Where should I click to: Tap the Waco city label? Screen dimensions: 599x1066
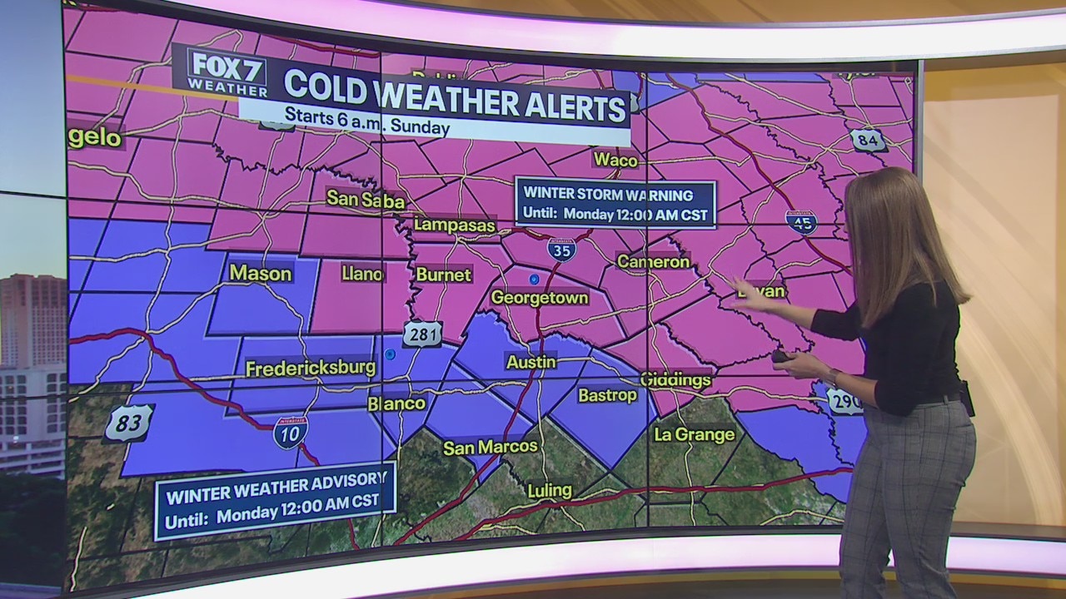[615, 160]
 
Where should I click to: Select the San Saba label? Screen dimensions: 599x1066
[366, 200]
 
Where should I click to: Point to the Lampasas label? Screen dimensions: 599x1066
[455, 225]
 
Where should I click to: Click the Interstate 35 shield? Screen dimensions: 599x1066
[562, 249]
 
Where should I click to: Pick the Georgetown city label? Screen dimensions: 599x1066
[540, 298]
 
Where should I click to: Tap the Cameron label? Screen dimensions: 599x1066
[653, 262]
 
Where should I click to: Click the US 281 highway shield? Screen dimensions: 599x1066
[422, 334]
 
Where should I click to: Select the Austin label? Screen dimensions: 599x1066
[531, 362]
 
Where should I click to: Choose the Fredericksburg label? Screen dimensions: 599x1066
[311, 368]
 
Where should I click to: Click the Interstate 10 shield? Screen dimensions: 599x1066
[290, 433]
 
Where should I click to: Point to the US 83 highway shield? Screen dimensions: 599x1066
[128, 423]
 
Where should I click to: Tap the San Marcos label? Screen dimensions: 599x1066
[490, 448]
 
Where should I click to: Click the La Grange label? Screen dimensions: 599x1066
[694, 434]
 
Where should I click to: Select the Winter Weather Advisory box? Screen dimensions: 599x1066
[274, 500]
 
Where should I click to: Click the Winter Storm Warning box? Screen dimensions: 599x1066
[615, 204]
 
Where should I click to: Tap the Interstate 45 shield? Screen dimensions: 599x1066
[800, 221]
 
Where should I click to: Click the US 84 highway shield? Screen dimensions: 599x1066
[868, 140]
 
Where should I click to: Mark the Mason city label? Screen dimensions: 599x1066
[260, 273]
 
